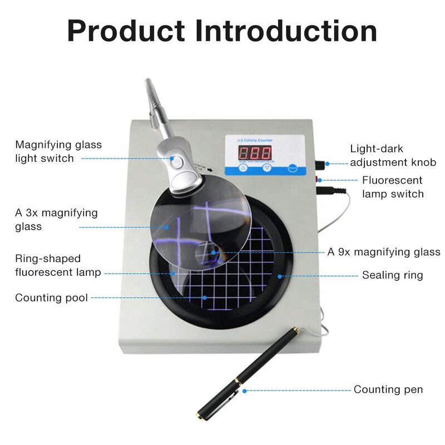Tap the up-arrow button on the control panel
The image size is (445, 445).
[x=243, y=167]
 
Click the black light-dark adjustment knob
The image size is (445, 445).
[x=321, y=164]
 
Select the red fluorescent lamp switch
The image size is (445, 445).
[x=319, y=179]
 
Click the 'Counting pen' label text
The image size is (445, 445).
[x=388, y=389]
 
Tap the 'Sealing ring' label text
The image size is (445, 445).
[x=392, y=275]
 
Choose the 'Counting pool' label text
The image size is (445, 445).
[x=51, y=298]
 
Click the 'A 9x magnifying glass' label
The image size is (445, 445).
[x=384, y=252]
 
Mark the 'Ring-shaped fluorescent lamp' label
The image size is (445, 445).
[x=58, y=265]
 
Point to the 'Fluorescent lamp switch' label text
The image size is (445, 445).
[x=392, y=187]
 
